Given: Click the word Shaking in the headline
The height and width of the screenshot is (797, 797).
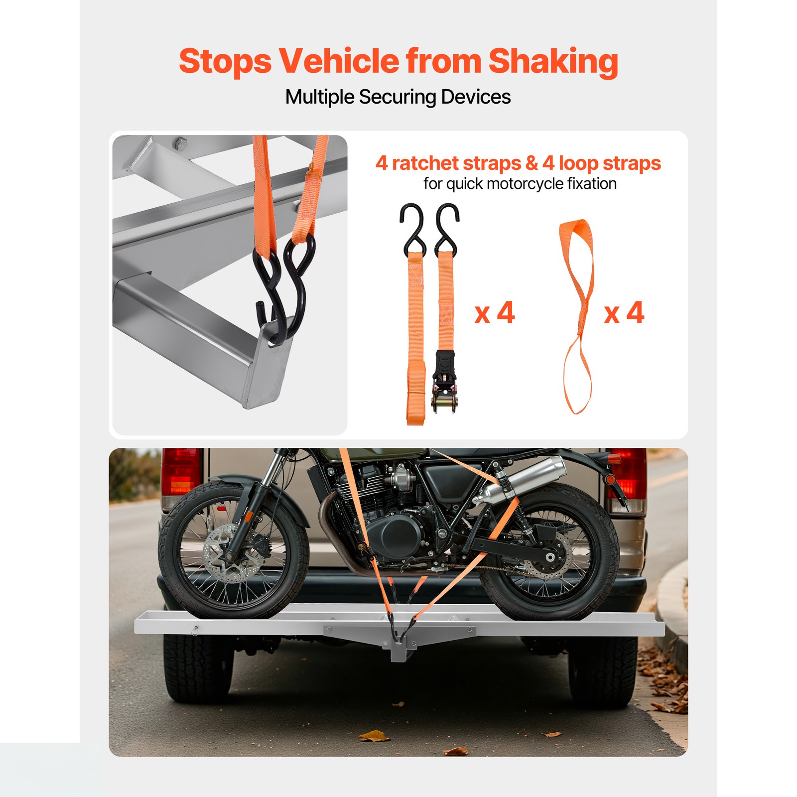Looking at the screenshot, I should (553, 62).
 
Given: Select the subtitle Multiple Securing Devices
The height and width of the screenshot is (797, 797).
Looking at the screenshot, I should (398, 97).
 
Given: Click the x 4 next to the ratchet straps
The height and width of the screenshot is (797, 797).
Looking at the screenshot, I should (494, 313).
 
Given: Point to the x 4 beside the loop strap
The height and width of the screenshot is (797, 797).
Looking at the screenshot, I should (624, 313).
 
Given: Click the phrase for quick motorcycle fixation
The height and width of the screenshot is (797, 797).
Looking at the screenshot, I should (520, 184).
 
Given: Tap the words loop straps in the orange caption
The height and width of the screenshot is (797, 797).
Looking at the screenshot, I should (610, 163).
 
